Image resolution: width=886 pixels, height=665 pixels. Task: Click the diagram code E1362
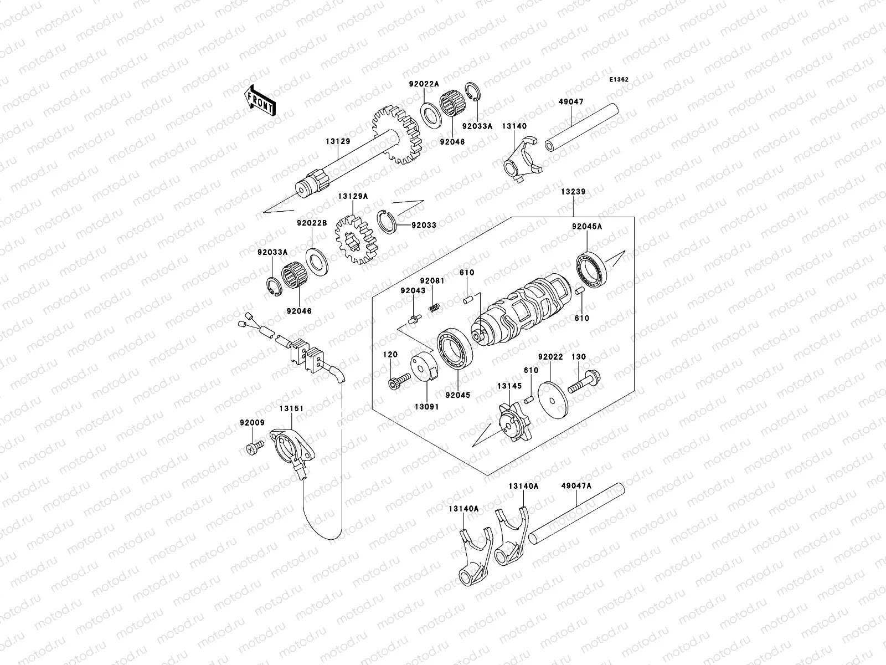pos(619,80)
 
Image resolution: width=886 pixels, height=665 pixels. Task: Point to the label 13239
pos(573,192)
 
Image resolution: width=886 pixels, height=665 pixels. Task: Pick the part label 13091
pos(427,406)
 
